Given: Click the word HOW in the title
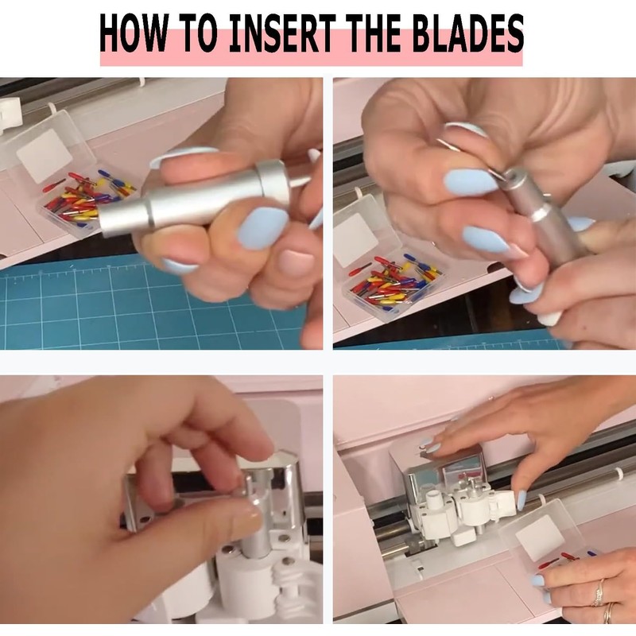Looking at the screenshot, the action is (x=133, y=33).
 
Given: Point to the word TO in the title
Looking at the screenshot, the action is (x=198, y=33).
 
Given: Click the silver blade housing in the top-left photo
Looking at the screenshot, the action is (x=195, y=199).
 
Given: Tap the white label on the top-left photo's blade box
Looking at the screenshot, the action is (x=45, y=156).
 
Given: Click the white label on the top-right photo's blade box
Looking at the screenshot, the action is (x=357, y=235).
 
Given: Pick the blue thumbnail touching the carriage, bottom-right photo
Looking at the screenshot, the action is (x=522, y=500).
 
